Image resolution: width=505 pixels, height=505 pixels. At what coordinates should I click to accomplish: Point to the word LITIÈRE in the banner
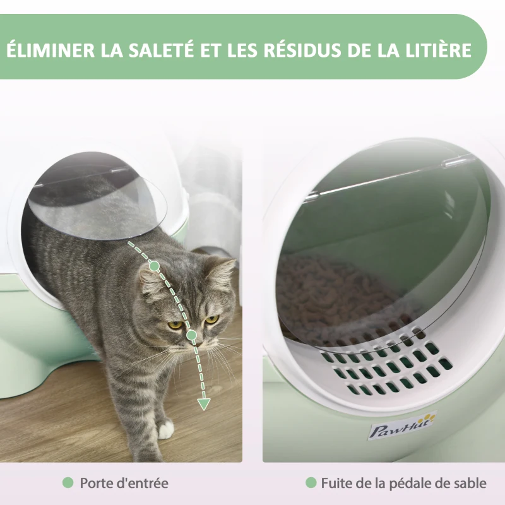pyautogui.click(x=438, y=50)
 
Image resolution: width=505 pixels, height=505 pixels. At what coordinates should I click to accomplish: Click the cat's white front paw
pyautogui.click(x=165, y=431)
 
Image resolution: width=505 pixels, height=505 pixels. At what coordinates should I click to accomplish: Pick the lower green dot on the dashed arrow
pyautogui.click(x=191, y=334)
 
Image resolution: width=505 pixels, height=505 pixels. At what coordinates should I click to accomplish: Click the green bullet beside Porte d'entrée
pyautogui.click(x=68, y=483)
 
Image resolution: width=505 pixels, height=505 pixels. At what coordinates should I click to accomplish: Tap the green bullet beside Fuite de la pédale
pyautogui.click(x=311, y=483)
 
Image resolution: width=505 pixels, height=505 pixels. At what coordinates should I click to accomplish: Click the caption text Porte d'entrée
pyautogui.click(x=124, y=484)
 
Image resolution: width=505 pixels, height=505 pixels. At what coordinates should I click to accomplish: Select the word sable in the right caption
pyautogui.click(x=470, y=484)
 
